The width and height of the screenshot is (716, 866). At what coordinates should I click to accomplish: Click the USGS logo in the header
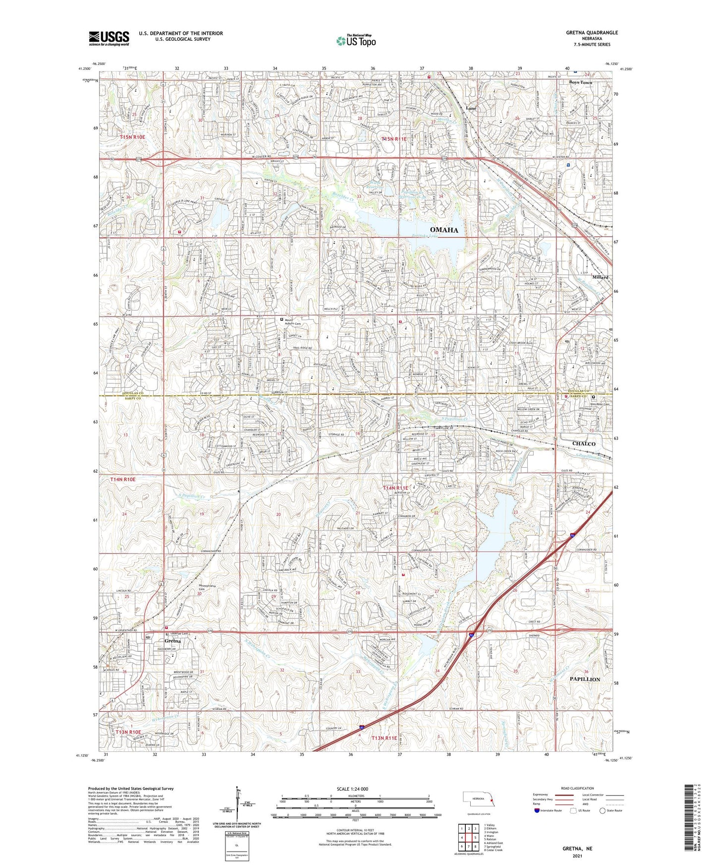[x=109, y=38]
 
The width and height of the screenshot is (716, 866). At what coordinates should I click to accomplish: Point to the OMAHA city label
[x=444, y=230]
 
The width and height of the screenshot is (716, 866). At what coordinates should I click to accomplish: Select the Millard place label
[x=599, y=277]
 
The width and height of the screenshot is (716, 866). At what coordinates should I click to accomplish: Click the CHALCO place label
[x=584, y=443]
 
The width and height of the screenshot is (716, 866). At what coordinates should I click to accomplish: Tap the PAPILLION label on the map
[x=584, y=679]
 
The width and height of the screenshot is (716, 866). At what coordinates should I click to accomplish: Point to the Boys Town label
[x=580, y=82]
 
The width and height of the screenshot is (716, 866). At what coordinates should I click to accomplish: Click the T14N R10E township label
[x=122, y=480]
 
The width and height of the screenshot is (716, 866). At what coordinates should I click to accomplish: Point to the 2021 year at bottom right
[x=577, y=856]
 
